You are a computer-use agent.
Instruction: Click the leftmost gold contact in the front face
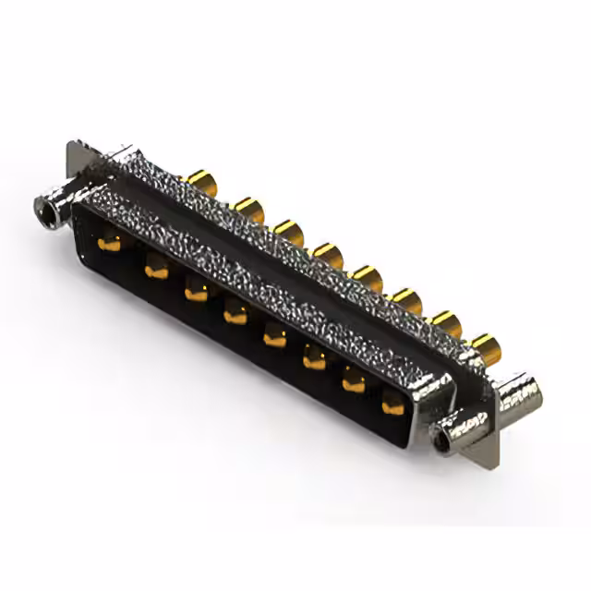[110, 243]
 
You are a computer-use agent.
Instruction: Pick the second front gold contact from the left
[155, 270]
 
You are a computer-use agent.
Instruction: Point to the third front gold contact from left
[196, 293]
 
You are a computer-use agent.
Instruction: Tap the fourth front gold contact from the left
[235, 315]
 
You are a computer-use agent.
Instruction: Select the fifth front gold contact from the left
[275, 337]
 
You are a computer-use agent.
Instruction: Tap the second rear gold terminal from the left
[247, 207]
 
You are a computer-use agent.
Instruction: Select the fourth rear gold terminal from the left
[328, 253]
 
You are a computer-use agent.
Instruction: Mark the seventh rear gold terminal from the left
[446, 321]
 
